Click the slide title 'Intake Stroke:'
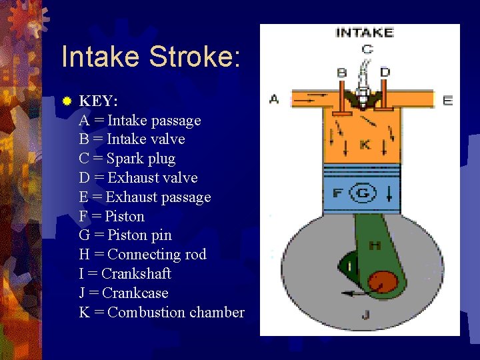151,57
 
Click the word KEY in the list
99,101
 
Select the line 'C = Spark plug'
127,159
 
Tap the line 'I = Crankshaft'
125,273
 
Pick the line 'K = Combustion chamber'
161,312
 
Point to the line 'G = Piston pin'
125,235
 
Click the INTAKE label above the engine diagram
365,33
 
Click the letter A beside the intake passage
274,99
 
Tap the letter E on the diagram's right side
447,100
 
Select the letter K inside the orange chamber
365,144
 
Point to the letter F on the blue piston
337,194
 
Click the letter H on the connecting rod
375,246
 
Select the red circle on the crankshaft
381,283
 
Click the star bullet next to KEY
67,101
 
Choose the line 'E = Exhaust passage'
145,197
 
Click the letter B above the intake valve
342,72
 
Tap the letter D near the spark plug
385,71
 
